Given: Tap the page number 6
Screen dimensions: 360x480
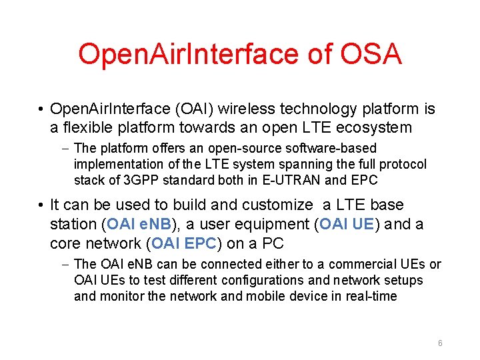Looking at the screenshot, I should coord(440,343).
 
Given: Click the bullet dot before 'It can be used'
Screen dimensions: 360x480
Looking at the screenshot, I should coord(41,205).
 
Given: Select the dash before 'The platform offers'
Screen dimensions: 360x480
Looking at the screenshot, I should coord(65,148).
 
